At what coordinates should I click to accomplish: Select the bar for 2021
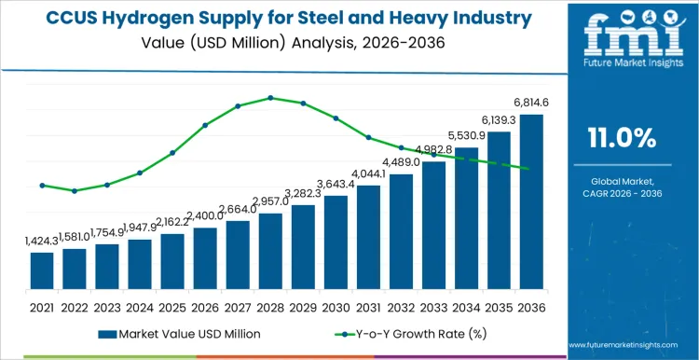(x=42, y=270)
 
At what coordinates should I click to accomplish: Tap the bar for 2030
(x=336, y=242)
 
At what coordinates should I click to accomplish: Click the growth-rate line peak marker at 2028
(x=270, y=97)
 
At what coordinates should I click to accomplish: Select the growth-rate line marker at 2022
(x=75, y=190)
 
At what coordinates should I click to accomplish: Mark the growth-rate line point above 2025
(x=172, y=153)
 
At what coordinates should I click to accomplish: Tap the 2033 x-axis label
(x=433, y=306)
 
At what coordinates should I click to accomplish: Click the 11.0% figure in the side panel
(x=623, y=138)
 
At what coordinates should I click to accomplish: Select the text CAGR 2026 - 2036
(x=623, y=193)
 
